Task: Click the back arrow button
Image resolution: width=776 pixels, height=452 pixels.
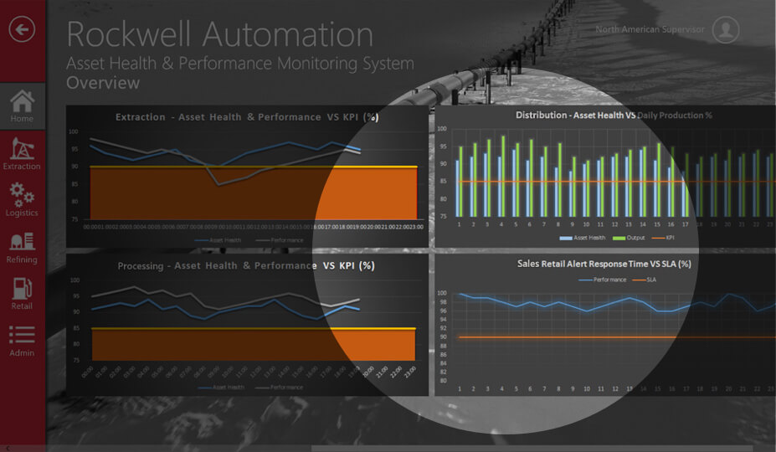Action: click(22, 30)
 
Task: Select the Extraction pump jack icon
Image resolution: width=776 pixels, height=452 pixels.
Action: click(22, 148)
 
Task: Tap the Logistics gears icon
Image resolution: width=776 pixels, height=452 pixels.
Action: click(22, 194)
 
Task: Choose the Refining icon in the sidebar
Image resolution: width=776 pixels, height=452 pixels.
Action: click(22, 242)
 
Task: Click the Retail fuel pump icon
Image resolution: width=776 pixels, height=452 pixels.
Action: click(22, 288)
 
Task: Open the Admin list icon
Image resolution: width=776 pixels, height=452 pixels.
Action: click(22, 335)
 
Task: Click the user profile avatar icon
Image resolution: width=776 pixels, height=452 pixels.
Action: click(725, 30)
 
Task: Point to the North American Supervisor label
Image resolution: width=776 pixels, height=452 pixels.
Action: click(650, 30)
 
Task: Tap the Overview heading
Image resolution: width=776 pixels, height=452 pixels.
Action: click(103, 83)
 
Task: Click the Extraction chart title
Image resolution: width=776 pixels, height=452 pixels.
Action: click(247, 117)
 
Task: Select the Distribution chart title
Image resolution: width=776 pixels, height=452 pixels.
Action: click(614, 115)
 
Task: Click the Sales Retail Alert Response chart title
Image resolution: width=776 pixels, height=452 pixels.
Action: click(604, 264)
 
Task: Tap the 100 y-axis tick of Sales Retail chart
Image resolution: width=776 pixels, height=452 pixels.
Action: click(442, 294)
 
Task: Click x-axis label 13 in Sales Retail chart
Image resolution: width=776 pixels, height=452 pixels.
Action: click(630, 389)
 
